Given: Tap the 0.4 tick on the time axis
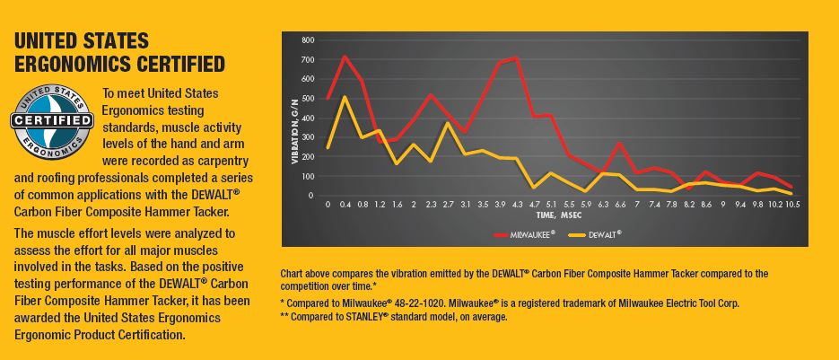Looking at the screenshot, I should coord(345,204).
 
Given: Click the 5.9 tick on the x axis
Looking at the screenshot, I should coord(585,204).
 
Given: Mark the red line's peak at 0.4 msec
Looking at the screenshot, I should coord(345,57).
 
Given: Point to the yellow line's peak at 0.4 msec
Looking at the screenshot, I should coord(345,97).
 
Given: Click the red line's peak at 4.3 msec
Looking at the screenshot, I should coord(517,57).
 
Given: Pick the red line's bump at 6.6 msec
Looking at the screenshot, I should coord(619,143).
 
